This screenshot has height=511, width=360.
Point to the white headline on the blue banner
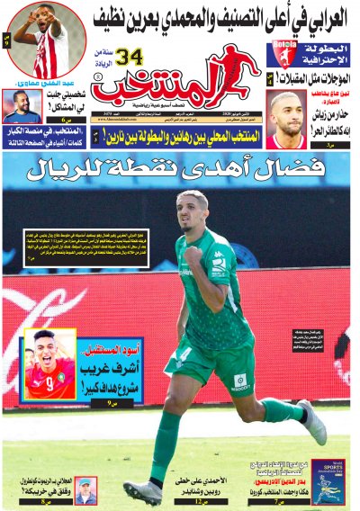[179, 167]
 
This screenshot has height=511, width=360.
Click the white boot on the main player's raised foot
[313, 422]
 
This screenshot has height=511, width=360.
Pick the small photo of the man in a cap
[85, 491]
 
